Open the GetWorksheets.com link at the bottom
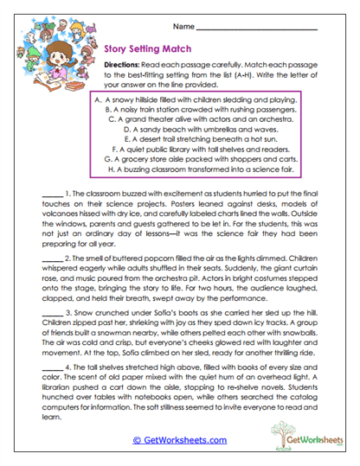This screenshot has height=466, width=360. click(180, 439)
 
